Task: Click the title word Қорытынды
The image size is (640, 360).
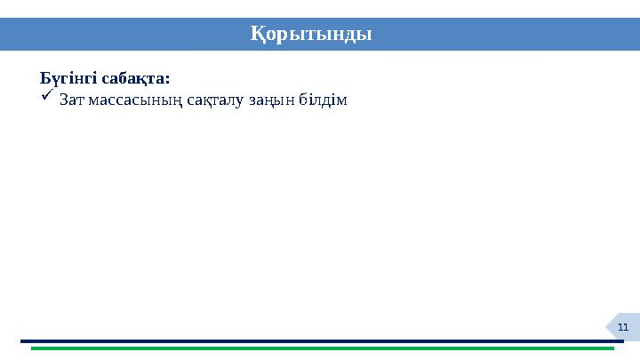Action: tap(310, 35)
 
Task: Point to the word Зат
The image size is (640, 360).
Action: tap(73, 100)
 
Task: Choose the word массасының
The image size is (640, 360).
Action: tap(135, 100)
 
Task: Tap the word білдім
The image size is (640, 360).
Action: tap(328, 100)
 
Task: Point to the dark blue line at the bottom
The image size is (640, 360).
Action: tap(320, 340)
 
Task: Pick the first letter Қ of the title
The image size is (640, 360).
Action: tap(255, 35)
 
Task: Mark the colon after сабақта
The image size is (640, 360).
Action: tap(168, 79)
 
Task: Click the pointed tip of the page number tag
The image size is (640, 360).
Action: tap(608, 327)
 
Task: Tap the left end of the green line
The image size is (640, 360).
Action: tap(33, 348)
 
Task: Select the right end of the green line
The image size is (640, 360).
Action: tap(613, 348)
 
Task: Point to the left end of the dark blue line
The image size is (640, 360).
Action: tap(22, 340)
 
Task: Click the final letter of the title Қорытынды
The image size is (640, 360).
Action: tap(366, 35)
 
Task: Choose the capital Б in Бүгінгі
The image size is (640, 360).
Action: tap(44, 78)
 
